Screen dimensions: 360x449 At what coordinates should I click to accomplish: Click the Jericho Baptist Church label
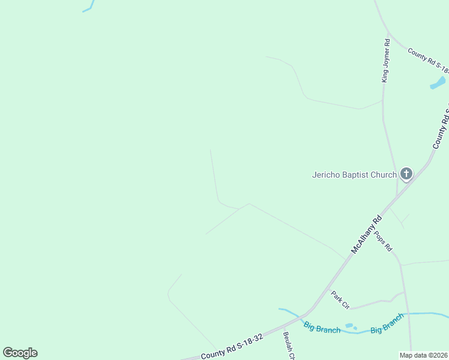click(354, 175)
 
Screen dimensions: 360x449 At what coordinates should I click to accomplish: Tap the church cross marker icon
click(406, 175)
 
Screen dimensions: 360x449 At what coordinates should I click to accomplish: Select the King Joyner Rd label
click(386, 61)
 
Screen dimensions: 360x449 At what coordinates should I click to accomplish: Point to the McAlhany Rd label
click(367, 235)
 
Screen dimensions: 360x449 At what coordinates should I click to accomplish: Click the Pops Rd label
click(384, 241)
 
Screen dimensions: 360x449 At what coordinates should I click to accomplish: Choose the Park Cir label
click(340, 299)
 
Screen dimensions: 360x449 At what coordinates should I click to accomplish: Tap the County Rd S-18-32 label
click(232, 347)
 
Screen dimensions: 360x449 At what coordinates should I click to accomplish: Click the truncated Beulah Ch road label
click(289, 346)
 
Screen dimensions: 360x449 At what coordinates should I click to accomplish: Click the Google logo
click(20, 353)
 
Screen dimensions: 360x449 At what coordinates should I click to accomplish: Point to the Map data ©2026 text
click(423, 355)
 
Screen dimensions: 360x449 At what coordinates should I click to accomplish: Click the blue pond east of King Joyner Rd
click(438, 83)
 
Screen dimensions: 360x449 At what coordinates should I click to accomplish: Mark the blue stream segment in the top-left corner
click(89, 7)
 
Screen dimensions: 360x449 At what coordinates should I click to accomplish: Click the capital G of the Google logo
click(8, 353)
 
